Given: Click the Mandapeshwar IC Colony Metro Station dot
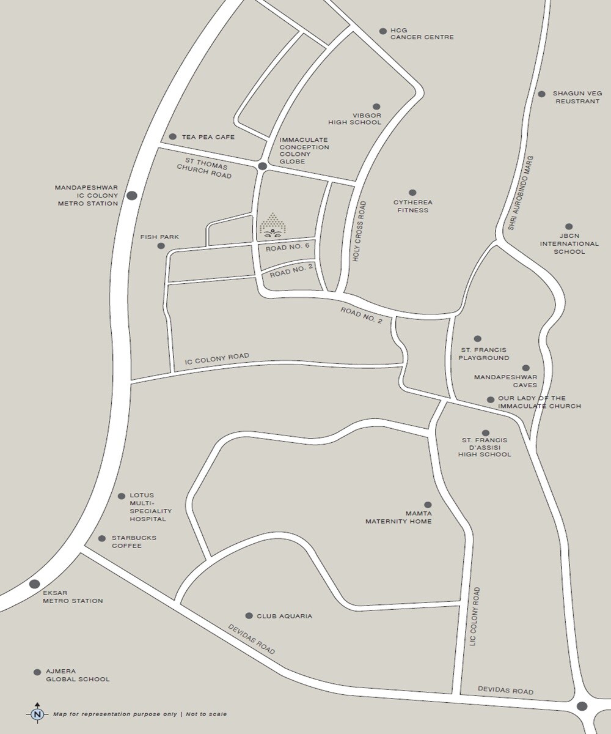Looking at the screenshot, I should click(131, 196).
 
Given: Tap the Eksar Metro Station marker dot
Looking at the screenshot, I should click(34, 584).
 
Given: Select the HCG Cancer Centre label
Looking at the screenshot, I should click(422, 34).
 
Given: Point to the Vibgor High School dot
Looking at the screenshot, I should click(376, 107).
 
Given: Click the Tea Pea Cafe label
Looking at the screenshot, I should click(208, 137).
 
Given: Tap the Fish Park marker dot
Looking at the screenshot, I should click(161, 246).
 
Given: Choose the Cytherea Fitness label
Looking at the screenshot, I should click(413, 206).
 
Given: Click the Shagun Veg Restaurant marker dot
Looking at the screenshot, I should click(541, 94).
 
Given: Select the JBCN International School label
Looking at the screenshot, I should click(569, 243).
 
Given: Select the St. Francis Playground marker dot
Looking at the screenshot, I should click(478, 339).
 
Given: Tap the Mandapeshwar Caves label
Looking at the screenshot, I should click(505, 381).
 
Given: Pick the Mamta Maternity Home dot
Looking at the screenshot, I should click(428, 505).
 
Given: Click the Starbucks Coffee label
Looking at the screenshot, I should click(134, 541).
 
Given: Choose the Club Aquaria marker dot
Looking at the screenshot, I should click(249, 615).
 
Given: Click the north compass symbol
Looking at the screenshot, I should click(37, 713).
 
